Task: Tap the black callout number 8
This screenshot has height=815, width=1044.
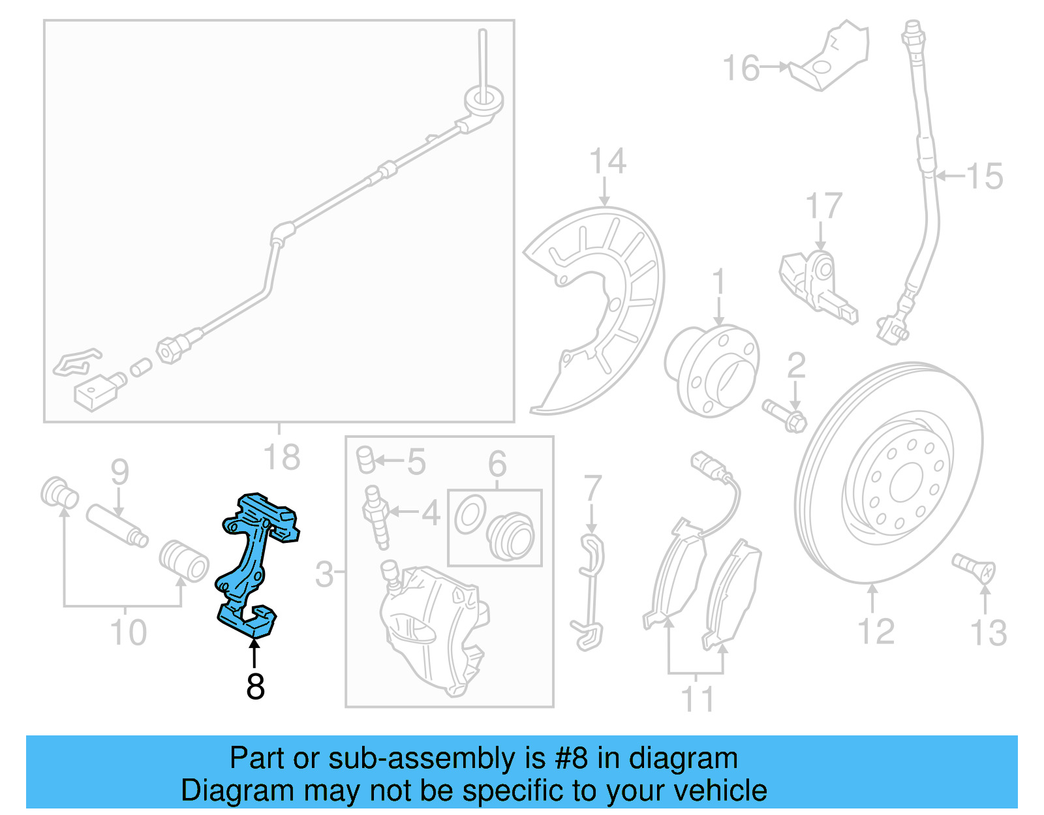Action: click(x=255, y=686)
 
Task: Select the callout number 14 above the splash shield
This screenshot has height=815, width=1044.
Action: click(x=607, y=161)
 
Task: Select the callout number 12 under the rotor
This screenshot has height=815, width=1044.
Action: click(x=875, y=632)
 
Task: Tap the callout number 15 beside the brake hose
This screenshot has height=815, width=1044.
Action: click(x=984, y=176)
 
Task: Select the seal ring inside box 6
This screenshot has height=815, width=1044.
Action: click(x=470, y=514)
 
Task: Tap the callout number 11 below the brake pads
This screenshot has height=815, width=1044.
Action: click(x=697, y=699)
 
